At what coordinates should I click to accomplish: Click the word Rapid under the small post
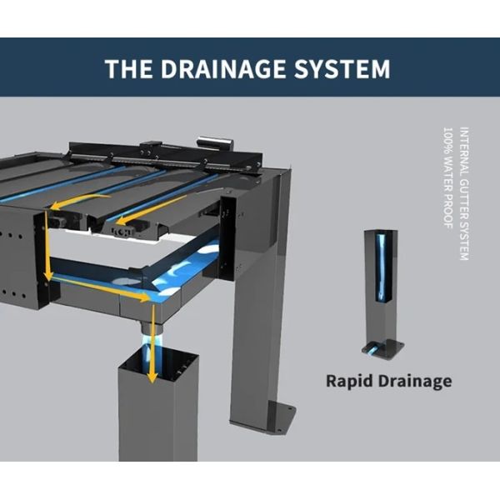click(349, 381)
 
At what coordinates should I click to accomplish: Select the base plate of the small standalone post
click(382, 345)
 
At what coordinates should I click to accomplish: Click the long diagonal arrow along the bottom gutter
click(100, 287)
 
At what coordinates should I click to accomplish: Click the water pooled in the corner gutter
click(187, 271)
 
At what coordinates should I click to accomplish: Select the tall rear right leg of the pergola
click(258, 333)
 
